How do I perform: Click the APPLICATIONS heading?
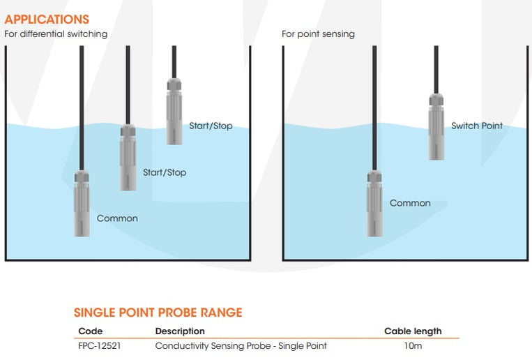(x=47, y=20)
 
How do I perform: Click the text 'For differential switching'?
(x=56, y=33)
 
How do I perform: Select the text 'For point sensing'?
(x=318, y=33)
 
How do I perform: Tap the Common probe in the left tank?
(x=82, y=204)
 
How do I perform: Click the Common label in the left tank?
(x=117, y=218)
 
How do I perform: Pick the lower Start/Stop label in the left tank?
(x=165, y=172)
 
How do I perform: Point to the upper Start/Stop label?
(x=211, y=126)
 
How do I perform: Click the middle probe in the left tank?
(x=128, y=157)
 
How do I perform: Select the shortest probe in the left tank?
(x=174, y=111)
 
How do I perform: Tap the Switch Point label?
(x=477, y=126)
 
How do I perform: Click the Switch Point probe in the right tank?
(x=436, y=126)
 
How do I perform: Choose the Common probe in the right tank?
(x=375, y=204)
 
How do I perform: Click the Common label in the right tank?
(x=410, y=203)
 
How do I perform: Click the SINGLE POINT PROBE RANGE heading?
(x=158, y=313)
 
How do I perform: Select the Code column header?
(x=91, y=331)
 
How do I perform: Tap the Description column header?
(x=180, y=331)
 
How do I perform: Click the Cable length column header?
(x=413, y=331)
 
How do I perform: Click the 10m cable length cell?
(x=413, y=346)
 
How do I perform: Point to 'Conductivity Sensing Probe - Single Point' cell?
(x=241, y=346)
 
